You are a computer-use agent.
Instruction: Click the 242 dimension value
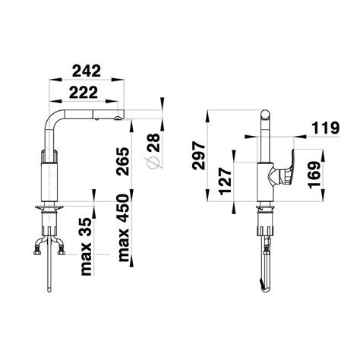pos(87,71)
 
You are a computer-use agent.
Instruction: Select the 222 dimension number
pos(84,93)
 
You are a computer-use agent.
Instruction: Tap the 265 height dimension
pos(123,161)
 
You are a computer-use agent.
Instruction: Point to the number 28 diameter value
pos(154,143)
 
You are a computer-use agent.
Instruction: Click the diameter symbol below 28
pos(153,163)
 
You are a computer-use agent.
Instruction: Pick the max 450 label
pos(124,228)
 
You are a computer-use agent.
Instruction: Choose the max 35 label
pos(87,247)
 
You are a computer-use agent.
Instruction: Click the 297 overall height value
pos(198,156)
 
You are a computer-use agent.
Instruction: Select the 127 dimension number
pos(226,181)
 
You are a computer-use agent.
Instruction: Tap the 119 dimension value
pos(325,128)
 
